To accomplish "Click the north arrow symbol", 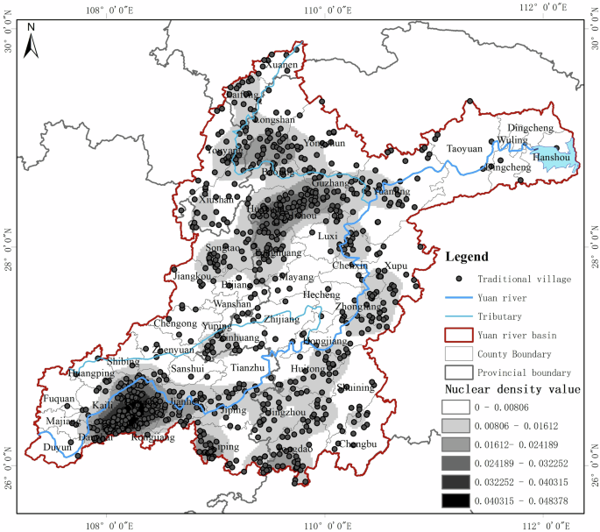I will coord(31,39).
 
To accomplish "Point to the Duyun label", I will coord(58,446).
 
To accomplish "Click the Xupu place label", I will coord(396,265).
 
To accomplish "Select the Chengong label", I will coord(175,323).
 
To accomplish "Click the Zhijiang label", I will coord(281,320).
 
